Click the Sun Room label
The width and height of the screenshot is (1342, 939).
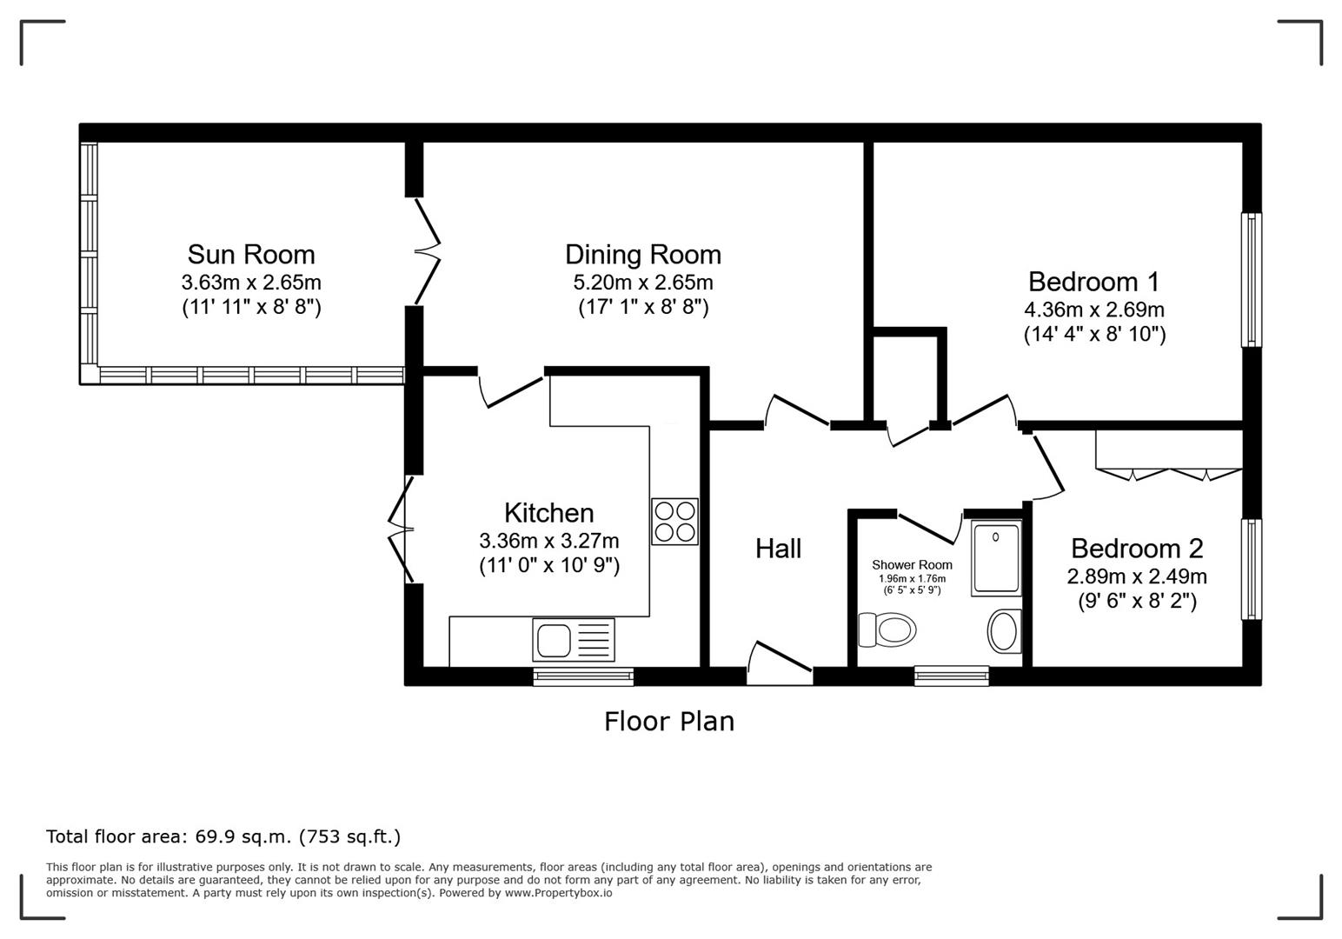pos(251,255)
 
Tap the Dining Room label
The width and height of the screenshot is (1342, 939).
pos(643,255)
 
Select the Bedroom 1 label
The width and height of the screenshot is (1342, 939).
pos(1094,282)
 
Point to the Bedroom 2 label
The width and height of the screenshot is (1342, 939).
pos(1137,549)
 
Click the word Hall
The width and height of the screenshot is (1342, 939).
pos(778,549)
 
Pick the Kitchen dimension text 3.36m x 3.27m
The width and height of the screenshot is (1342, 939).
pos(548,541)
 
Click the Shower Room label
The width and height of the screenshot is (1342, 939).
pos(912,564)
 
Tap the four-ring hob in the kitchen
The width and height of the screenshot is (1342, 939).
pos(674,522)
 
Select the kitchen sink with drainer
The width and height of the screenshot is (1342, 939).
pos(574,639)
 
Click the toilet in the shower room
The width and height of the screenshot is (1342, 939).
pos(887,629)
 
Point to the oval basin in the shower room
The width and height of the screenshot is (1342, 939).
pos(1004,631)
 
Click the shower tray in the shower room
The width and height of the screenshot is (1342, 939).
pos(996,558)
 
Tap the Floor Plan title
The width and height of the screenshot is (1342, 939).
pos(668,722)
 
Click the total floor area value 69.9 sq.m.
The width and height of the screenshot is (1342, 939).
pos(243,836)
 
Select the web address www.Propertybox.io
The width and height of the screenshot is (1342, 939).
pos(558,893)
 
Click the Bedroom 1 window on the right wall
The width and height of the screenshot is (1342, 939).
pos(1252,280)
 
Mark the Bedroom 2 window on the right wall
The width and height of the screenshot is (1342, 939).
pos(1252,569)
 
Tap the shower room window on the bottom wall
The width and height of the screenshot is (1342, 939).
pos(952,676)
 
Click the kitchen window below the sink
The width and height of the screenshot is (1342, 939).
pos(583,676)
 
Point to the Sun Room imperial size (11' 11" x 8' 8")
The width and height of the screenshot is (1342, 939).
pos(252,308)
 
